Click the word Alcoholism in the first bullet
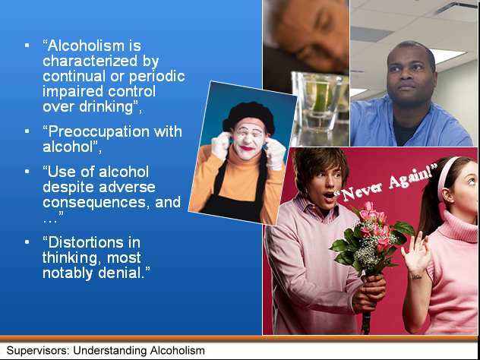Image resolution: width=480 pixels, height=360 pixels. click(x=86, y=46)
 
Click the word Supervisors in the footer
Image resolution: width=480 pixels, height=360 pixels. click(x=38, y=350)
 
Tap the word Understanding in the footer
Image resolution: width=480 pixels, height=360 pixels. click(x=109, y=350)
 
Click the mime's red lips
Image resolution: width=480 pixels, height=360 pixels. click(x=247, y=148)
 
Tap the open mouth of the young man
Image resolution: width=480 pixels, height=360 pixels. click(x=328, y=196)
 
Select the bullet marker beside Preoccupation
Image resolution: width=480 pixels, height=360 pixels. click(x=27, y=131)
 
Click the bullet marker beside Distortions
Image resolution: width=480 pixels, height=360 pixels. click(x=27, y=242)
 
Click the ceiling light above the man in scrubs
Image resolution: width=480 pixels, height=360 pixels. click(x=447, y=56)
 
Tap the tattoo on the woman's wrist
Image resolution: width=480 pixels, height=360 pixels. click(x=416, y=277)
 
